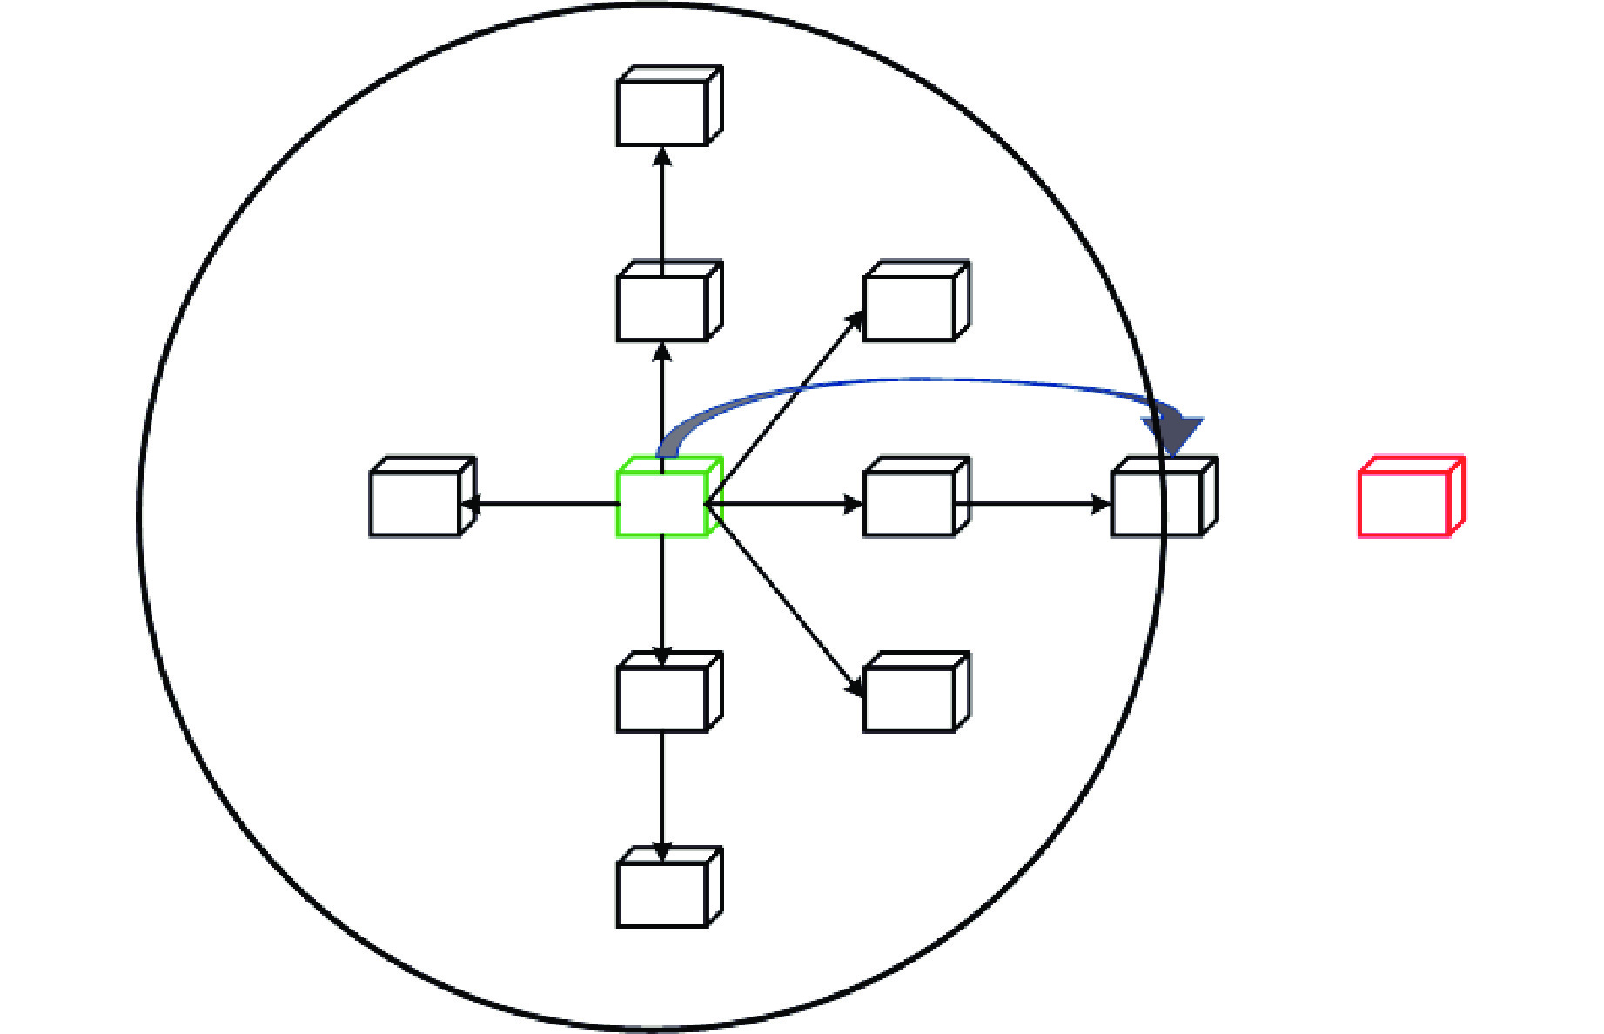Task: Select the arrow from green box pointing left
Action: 540,503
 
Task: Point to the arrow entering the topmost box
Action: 662,209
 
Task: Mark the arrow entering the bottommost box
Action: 662,792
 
